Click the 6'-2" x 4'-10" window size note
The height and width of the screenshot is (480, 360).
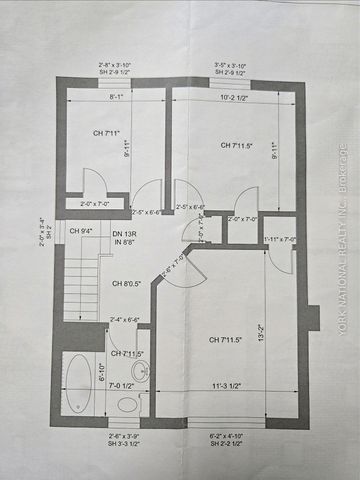pos(234,440)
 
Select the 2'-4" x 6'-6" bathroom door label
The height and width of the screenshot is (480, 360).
pos(126,320)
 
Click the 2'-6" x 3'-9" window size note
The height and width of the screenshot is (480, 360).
pos(126,440)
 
